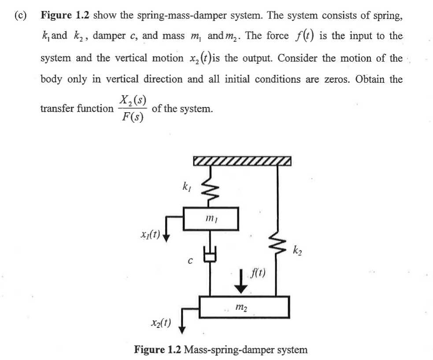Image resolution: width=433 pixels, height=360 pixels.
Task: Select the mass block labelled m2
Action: click(x=244, y=307)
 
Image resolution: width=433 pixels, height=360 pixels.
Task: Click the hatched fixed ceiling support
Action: click(x=242, y=162)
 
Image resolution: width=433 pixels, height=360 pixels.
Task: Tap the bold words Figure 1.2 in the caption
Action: click(x=158, y=350)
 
